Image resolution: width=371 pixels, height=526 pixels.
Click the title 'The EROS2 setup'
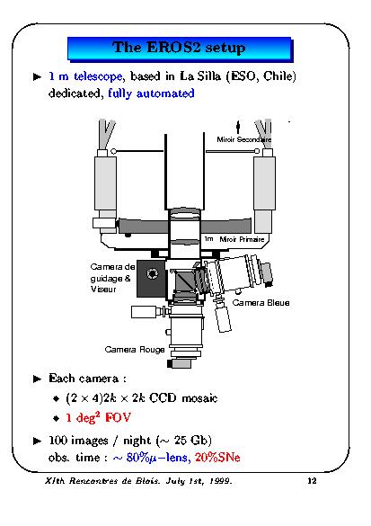click(179, 48)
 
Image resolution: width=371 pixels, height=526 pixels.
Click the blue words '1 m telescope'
click(85, 76)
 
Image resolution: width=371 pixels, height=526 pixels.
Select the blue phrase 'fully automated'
click(151, 94)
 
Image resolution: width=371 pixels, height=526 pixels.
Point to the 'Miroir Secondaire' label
click(244, 139)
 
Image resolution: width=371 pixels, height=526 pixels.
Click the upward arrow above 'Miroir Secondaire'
click(238, 127)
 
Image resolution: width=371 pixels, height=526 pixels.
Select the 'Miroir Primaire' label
click(242, 239)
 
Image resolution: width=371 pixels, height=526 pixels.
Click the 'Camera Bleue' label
click(261, 303)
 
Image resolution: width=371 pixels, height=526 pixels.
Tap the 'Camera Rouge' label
click(135, 350)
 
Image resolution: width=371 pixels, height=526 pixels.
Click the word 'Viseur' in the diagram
click(103, 290)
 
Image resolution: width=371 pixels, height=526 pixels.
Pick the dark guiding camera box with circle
click(151, 279)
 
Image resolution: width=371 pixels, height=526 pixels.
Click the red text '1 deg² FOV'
click(98, 417)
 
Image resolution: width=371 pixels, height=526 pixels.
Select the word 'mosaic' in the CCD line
click(199, 398)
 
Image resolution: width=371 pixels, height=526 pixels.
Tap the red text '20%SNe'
click(217, 458)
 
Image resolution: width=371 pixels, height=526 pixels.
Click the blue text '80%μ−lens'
click(157, 458)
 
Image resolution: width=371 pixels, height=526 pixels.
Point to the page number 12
click(312, 481)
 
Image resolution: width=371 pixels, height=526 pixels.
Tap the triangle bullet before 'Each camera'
click(37, 379)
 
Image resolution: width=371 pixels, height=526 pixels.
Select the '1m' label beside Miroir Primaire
click(208, 239)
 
